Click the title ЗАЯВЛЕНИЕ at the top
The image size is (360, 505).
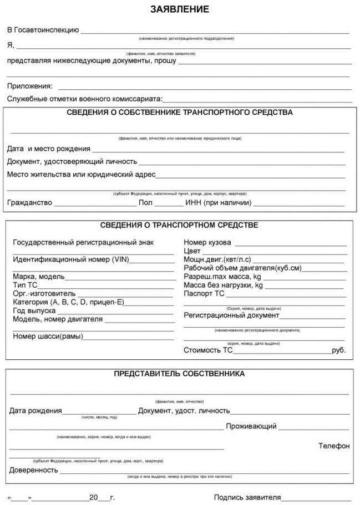[180, 9]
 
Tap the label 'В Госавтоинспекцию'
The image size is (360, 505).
[43, 30]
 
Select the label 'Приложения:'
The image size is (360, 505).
[30, 86]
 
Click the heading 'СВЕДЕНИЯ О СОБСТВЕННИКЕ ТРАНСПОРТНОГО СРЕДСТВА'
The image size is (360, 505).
[180, 113]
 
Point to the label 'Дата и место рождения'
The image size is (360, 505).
[49, 149]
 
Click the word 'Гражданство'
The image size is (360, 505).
[29, 202]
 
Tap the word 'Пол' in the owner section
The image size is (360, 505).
[145, 202]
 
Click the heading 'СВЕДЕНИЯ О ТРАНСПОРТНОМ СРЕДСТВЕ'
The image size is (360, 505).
[179, 226]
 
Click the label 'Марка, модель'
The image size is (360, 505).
[39, 277]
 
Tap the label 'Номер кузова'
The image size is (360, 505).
[207, 243]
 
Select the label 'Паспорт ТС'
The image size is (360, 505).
[204, 294]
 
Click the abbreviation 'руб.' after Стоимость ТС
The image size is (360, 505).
[338, 350]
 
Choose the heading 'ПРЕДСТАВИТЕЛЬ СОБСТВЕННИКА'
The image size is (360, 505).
[179, 374]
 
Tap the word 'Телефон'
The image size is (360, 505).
[334, 446]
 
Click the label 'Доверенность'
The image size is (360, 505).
[34, 470]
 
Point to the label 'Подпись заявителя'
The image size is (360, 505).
[247, 497]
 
